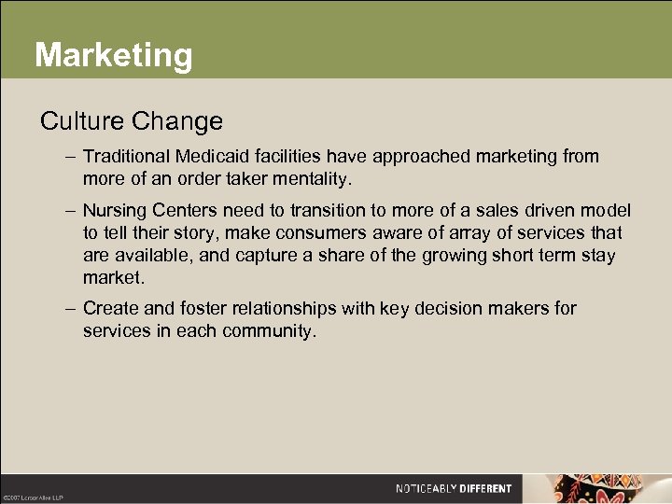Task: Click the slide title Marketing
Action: (113, 55)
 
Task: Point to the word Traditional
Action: (127, 157)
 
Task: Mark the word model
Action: (606, 211)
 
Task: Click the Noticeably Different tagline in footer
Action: (454, 488)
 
